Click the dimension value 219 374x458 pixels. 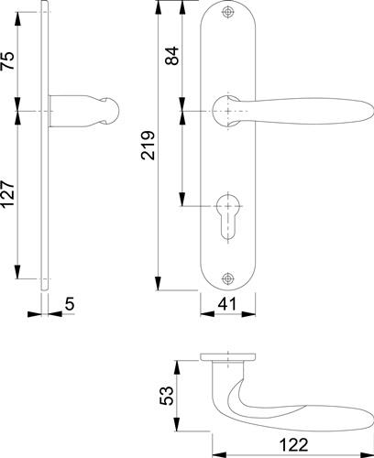point(148,145)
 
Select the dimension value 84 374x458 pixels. point(171,55)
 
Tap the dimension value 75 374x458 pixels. point(7,60)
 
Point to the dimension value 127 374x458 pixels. point(7,194)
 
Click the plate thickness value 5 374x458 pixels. point(70,303)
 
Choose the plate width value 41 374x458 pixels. point(227,303)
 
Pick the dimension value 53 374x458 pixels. point(167,396)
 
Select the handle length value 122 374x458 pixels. point(293,445)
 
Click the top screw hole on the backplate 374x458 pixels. point(227,12)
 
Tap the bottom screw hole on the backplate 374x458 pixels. point(227,278)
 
